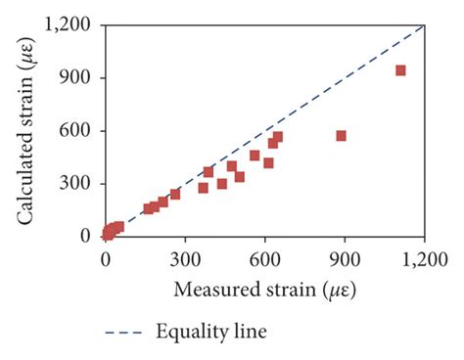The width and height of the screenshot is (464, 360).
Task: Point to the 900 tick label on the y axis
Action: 81,78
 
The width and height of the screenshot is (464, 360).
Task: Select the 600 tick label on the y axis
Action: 81,131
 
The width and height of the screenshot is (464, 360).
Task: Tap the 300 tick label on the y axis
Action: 81,184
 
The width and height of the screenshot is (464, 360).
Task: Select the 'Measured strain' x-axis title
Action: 264,290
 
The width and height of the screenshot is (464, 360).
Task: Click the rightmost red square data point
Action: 400,70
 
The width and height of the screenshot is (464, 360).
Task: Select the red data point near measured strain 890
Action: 342,136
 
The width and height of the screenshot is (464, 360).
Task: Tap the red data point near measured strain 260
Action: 175,194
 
